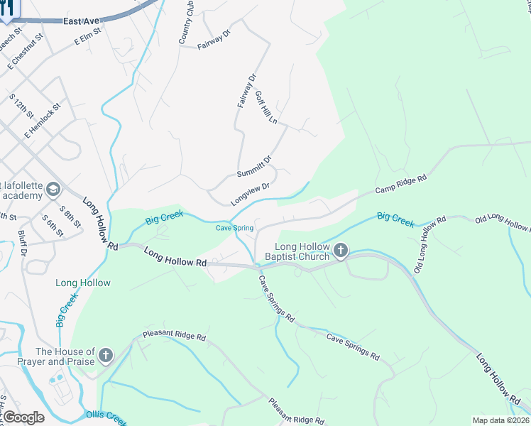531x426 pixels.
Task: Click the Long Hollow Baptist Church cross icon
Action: pos(341,250)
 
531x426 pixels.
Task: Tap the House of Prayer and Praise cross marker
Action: pos(106,355)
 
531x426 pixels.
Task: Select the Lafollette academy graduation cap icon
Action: pos(53,190)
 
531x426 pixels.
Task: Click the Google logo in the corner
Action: pos(23,417)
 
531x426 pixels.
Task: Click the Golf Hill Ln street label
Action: pos(266,107)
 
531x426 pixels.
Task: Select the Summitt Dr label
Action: pos(254,167)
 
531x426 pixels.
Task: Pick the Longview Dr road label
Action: pos(250,194)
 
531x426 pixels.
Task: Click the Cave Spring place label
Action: pos(234,228)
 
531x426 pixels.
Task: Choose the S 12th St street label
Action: pos(22,105)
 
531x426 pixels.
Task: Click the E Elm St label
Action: pos(89,38)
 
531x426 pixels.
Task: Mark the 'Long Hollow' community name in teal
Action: pos(83,283)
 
